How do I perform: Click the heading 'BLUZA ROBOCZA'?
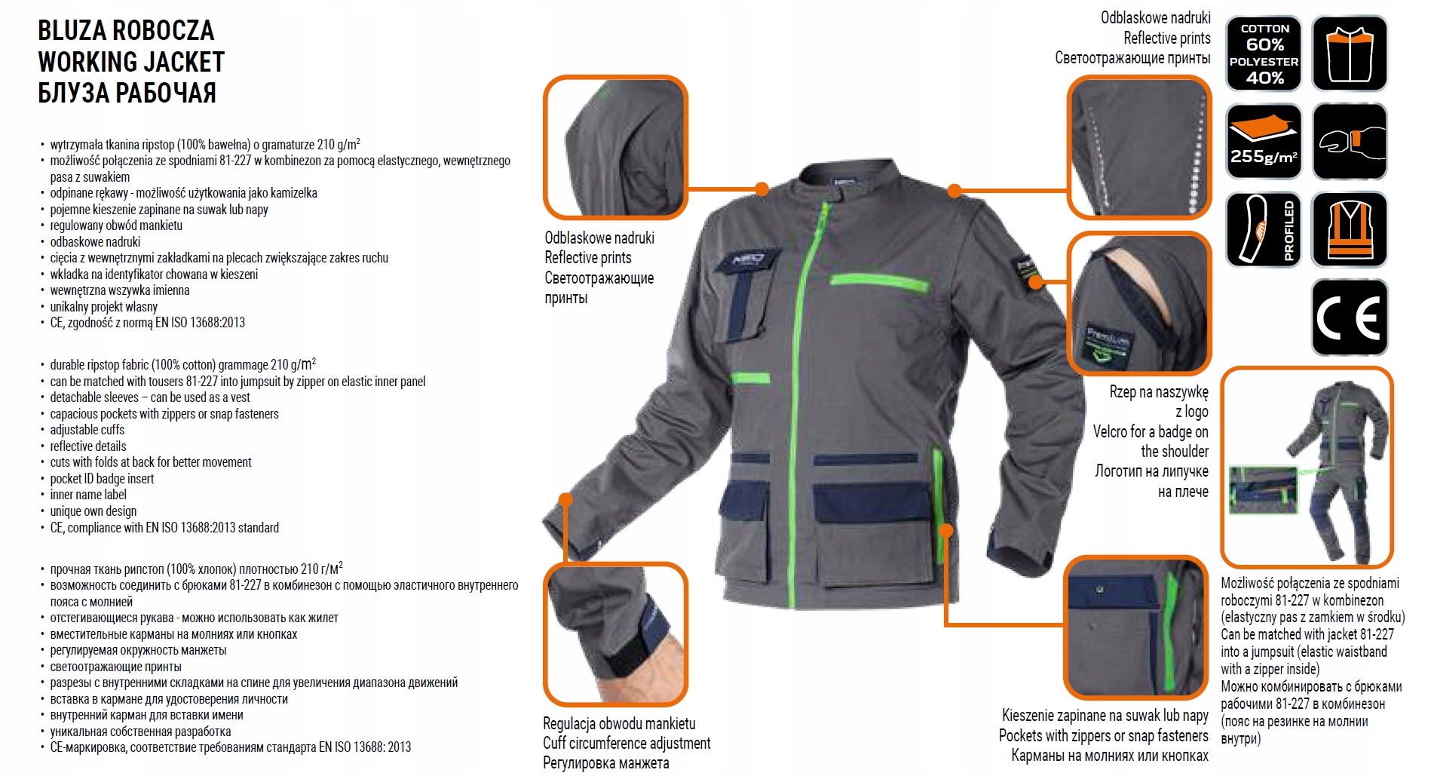click(x=126, y=31)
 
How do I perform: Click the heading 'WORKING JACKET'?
click(x=131, y=62)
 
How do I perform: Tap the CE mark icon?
click(x=1349, y=317)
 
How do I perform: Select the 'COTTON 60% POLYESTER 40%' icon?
click(x=1264, y=54)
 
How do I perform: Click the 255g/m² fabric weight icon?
click(x=1264, y=142)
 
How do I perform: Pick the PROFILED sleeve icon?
click(x=1264, y=230)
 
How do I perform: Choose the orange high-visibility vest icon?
click(x=1349, y=230)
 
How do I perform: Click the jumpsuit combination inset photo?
click(x=1307, y=468)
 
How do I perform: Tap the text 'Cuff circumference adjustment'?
click(x=627, y=744)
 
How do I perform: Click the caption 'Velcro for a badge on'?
click(x=1151, y=432)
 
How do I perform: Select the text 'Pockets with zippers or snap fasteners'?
click(x=1103, y=736)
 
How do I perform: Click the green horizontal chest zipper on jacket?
click(x=879, y=283)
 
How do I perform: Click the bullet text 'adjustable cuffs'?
click(x=87, y=430)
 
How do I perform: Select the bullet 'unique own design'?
click(x=93, y=511)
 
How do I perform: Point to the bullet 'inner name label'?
click(x=88, y=495)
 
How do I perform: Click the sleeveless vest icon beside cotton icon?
click(x=1349, y=54)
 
